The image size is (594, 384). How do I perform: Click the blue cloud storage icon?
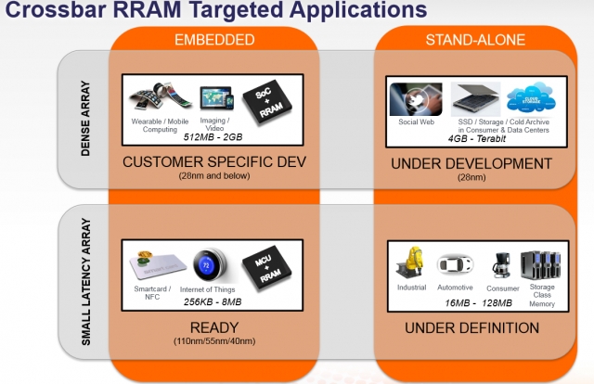pos(527,100)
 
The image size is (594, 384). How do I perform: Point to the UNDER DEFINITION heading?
pos(472,327)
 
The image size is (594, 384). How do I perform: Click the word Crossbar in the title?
pos(50,11)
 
